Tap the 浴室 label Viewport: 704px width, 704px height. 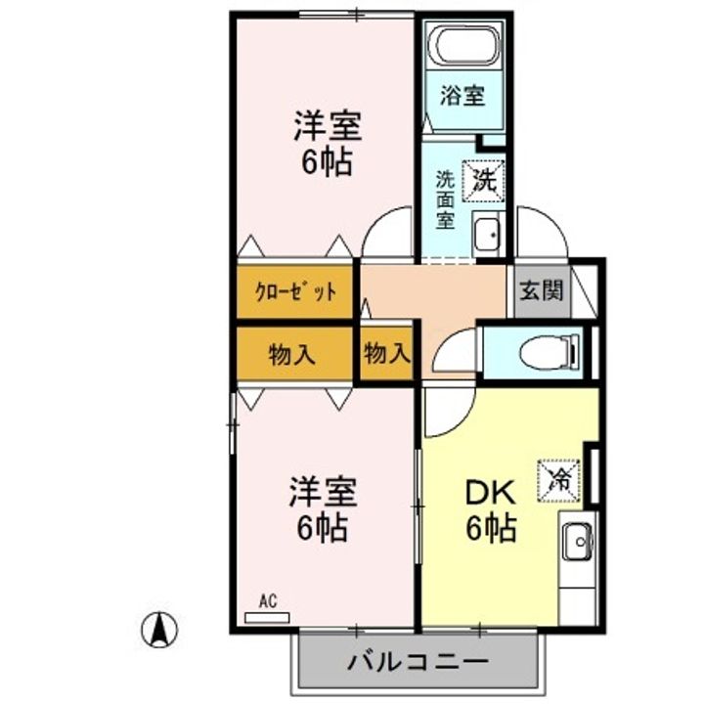coord(462,95)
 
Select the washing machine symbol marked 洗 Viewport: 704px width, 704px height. coord(484,181)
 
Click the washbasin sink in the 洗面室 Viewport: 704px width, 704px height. coord(486,234)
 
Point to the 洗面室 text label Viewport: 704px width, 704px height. coord(445,200)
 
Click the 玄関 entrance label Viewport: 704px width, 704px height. coord(541,290)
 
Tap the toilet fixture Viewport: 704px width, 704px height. coord(550,352)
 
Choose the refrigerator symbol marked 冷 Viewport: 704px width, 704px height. coord(559,480)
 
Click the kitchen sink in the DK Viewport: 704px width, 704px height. coord(579,542)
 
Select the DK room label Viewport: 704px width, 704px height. coord(490,493)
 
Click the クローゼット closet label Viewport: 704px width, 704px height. coord(295,291)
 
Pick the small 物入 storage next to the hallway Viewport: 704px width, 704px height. coord(387,352)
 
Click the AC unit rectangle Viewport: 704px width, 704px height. coord(267,618)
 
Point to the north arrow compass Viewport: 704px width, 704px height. coord(159,630)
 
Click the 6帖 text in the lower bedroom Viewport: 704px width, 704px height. coord(323,528)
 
